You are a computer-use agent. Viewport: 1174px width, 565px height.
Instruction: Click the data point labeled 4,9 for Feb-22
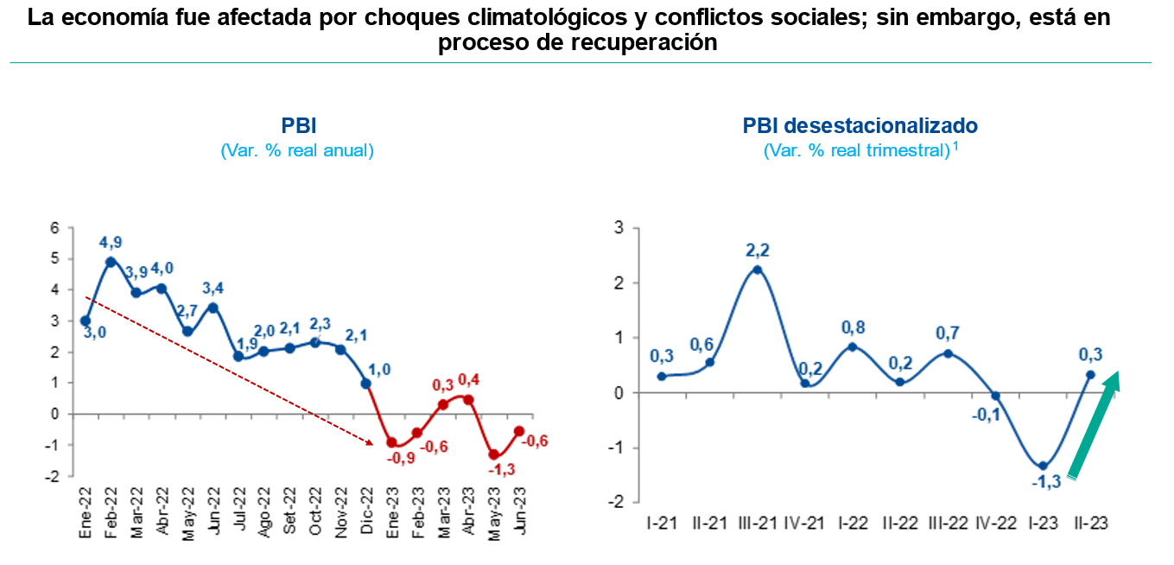(x=111, y=262)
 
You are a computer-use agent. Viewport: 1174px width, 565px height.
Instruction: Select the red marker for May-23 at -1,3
(x=494, y=454)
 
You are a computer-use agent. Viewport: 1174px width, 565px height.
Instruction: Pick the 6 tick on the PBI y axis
(x=54, y=228)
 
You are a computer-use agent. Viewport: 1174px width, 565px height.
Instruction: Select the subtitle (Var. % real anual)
(x=298, y=150)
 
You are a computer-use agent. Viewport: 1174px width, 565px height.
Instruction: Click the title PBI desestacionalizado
(x=860, y=126)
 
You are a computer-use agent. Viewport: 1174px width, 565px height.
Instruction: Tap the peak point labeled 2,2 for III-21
(x=757, y=270)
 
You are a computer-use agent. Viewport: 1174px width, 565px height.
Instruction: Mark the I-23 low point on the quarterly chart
(x=1043, y=466)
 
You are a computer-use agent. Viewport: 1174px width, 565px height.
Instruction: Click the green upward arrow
(x=1095, y=423)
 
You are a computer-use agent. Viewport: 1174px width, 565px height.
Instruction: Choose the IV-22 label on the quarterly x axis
(x=994, y=523)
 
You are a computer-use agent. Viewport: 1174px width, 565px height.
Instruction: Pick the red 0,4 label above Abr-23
(x=470, y=379)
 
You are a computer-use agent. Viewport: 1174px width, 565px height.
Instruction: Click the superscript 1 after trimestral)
(x=956, y=145)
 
